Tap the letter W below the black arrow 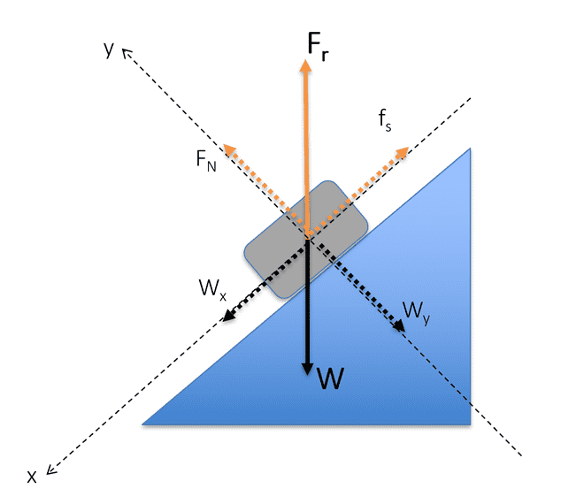pos(330,378)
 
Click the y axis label pos(109,49)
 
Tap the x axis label pos(32,477)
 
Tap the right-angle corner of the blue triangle pos(469,424)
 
